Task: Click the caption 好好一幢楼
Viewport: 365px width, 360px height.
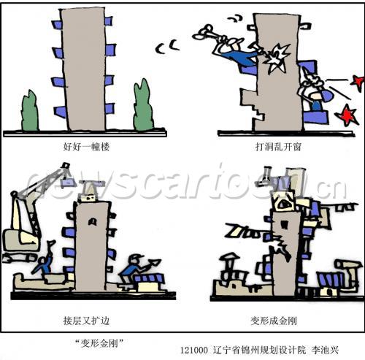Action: pyautogui.click(x=86, y=147)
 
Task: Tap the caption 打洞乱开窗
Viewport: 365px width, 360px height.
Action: pyautogui.click(x=278, y=147)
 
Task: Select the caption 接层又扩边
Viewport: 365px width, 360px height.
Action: pyautogui.click(x=86, y=321)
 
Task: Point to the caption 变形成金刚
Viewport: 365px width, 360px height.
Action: pyautogui.click(x=274, y=321)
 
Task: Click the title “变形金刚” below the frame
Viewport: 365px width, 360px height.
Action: pyautogui.click(x=99, y=343)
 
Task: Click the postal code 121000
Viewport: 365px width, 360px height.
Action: pyautogui.click(x=194, y=351)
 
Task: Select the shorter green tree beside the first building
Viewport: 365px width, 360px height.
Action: pyautogui.click(x=30, y=111)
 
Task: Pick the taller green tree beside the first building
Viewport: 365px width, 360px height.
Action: pyautogui.click(x=143, y=105)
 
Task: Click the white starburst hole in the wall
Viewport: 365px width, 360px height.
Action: pyautogui.click(x=277, y=58)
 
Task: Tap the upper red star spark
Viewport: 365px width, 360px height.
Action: pyautogui.click(x=358, y=82)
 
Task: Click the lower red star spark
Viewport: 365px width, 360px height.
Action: pyautogui.click(x=347, y=115)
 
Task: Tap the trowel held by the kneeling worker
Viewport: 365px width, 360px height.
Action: pyautogui.click(x=154, y=264)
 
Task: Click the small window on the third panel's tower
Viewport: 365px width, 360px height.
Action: pyautogui.click(x=92, y=221)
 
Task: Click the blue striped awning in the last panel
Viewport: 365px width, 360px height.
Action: pyautogui.click(x=331, y=280)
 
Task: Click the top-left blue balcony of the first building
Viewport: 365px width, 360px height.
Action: pyautogui.click(x=57, y=25)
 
